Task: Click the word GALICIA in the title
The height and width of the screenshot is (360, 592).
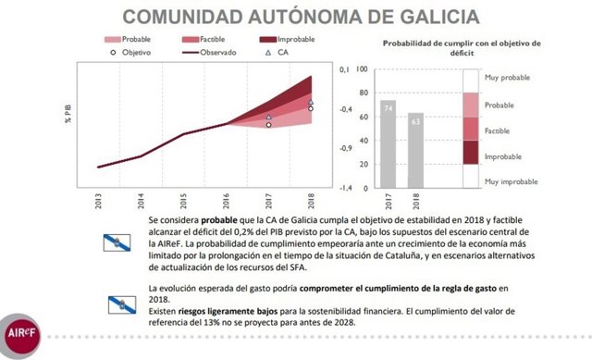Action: (426, 17)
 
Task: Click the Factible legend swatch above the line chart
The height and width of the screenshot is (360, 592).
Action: (178, 40)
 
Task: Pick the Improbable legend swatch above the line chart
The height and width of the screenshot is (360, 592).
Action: (250, 40)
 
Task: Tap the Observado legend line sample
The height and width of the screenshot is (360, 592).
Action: (178, 53)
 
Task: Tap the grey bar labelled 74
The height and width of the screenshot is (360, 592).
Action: (388, 143)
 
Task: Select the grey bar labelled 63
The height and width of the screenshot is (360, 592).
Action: (416, 150)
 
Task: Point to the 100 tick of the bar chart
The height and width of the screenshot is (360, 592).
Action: (363, 69)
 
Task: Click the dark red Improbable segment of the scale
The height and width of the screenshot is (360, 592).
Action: (471, 152)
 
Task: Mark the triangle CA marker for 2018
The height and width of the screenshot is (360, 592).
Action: (311, 103)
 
